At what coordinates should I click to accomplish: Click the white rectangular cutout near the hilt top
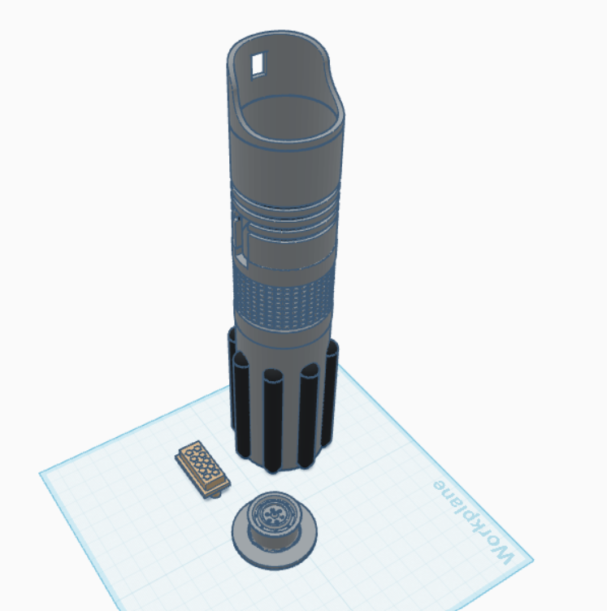[258, 64]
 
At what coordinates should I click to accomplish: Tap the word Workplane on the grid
[474, 522]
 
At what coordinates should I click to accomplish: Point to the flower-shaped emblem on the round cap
[273, 515]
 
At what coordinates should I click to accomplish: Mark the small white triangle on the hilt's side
[241, 259]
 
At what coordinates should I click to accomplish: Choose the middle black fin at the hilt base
[272, 421]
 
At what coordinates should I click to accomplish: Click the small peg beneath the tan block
[215, 495]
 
